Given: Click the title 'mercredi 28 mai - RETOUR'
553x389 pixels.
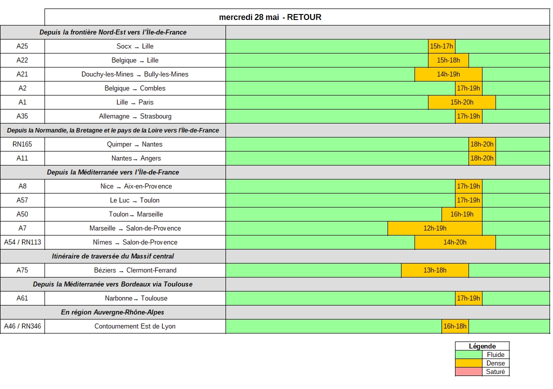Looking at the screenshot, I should (270, 17).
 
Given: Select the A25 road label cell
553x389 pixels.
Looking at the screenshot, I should (22, 46).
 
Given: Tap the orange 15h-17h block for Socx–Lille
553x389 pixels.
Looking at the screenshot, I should (441, 46).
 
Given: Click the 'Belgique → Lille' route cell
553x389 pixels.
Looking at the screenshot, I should (135, 60).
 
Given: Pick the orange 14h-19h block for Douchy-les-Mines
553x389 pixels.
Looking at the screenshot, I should (448, 74).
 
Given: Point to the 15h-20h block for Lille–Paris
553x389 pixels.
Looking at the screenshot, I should (461, 102).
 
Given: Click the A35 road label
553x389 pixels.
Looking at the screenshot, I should (22, 116).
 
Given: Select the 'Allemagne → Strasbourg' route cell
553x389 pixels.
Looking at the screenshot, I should (135, 116).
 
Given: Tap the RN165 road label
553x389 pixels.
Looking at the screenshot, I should (22, 144).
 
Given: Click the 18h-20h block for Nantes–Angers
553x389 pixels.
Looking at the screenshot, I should (481, 158).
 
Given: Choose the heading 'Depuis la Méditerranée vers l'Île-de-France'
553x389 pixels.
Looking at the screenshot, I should (113, 172).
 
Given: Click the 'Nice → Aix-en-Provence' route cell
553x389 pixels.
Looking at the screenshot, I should (135, 186).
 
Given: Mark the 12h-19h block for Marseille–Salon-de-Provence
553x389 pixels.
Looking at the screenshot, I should (434, 228).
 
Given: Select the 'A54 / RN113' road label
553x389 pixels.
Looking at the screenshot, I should (22, 242).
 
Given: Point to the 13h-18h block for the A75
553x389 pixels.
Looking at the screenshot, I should (434, 270).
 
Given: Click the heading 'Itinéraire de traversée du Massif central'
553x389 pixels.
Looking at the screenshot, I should (113, 256).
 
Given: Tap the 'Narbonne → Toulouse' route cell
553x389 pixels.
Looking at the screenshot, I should (135, 298).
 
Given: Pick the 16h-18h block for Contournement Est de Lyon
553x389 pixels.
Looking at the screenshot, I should (454, 326).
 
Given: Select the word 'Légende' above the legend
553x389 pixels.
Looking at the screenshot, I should (482, 346).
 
